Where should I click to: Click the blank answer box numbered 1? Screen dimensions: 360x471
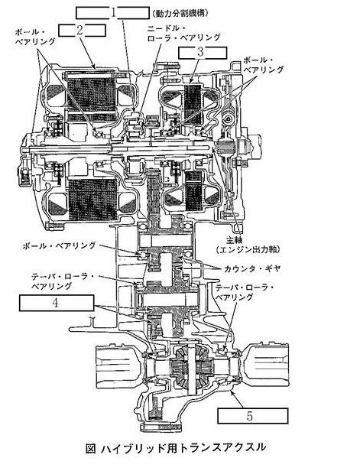[112, 13]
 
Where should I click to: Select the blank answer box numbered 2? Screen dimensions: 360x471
[82, 31]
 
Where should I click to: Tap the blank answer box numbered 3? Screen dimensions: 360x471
[203, 53]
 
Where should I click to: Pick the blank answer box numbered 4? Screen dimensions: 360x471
[57, 303]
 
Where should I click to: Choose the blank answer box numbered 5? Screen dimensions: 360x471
[252, 416]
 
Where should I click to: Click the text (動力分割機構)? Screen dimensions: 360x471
[180, 13]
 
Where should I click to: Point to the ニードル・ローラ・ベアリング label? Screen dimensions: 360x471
[183, 33]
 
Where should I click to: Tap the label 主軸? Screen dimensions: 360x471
[235, 240]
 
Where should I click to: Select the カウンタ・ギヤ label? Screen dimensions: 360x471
[251, 268]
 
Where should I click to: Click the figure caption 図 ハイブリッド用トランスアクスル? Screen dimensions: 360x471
[175, 447]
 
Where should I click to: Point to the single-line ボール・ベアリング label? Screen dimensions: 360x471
[59, 245]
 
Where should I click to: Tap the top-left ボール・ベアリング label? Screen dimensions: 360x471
[35, 37]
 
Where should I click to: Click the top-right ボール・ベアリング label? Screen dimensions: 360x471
[263, 64]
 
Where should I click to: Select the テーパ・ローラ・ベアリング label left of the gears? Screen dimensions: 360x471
[63, 281]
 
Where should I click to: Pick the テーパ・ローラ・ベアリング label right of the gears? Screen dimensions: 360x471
[245, 292]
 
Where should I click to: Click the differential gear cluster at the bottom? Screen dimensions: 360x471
[191, 367]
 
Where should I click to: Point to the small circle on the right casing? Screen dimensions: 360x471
[229, 119]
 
